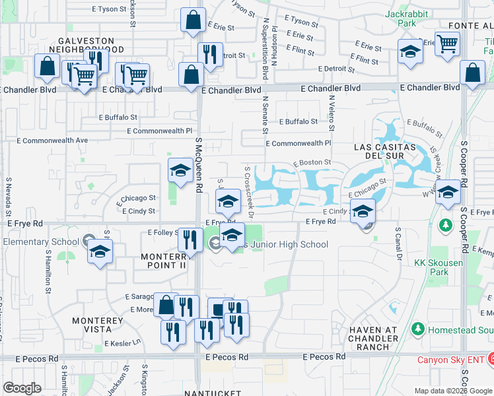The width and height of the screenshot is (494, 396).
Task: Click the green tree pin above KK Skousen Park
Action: (446, 226)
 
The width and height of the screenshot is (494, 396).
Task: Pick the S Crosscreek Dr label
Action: (250, 191)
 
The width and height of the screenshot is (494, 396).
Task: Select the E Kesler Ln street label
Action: (123, 343)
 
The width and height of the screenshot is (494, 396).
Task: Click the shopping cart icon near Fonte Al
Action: (448, 44)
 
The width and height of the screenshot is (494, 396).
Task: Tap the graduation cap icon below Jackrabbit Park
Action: (410, 52)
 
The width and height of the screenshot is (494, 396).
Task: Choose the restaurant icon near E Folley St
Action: (190, 240)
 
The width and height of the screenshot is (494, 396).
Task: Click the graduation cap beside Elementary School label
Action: (100, 251)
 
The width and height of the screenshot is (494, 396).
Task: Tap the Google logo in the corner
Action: (22, 388)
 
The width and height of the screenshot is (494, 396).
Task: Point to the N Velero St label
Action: (332, 112)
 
